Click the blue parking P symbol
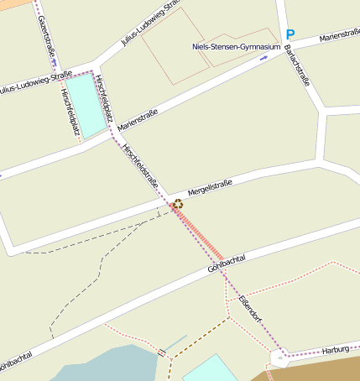[x=290, y=35]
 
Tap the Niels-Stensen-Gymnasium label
[x=235, y=47]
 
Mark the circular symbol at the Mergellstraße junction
[x=177, y=203]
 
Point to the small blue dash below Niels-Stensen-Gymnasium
[x=264, y=58]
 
